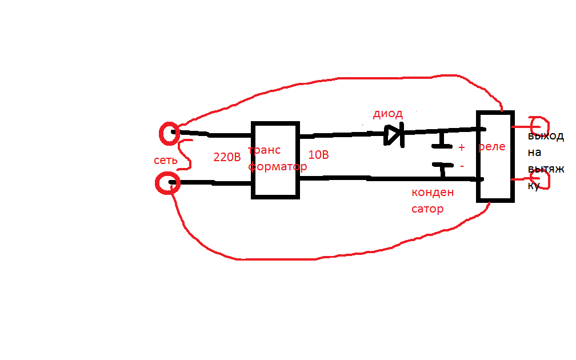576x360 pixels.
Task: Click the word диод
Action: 388,114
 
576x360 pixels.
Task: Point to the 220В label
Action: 227,157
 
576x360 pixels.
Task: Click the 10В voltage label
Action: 318,155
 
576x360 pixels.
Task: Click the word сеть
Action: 166,160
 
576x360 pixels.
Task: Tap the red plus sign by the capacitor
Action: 462,147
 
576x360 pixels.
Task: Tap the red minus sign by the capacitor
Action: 462,166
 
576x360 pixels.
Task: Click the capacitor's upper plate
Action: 442,146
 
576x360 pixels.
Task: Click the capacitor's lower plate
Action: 443,165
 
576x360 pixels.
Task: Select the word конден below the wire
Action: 433,193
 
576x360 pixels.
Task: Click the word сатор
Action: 427,209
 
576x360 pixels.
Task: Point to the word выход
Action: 546,136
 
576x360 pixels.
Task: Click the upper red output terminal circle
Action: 547,126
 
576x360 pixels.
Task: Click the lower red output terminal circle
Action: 548,180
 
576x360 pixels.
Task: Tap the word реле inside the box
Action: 492,147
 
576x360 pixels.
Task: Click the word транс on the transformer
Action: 265,150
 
